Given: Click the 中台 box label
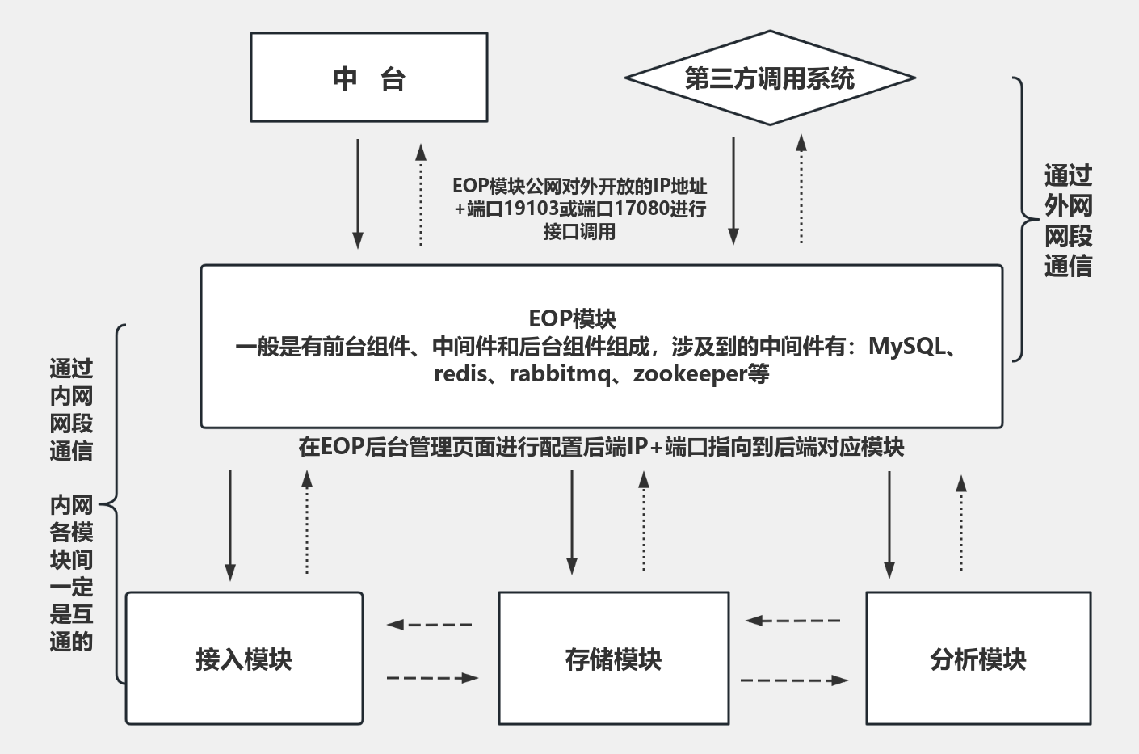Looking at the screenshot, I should click(x=369, y=78).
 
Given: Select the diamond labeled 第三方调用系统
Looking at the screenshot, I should click(x=769, y=78).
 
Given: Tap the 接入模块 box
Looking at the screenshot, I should click(x=244, y=659).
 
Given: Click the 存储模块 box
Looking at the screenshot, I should click(x=613, y=659).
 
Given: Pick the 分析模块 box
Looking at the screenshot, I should click(x=977, y=659).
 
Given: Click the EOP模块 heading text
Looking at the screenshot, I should click(x=572, y=318).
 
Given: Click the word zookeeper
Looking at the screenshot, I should click(x=689, y=374).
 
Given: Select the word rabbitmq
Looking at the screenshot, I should click(x=559, y=374).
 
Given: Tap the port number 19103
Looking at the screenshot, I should click(x=531, y=209).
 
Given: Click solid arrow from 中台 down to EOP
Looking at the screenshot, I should click(x=358, y=194).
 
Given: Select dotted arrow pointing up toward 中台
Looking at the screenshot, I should click(x=421, y=194).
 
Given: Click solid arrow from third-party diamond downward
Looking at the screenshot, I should click(x=733, y=191).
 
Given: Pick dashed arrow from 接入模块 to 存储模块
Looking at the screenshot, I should click(x=431, y=678).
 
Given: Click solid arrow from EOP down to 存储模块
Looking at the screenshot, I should click(x=572, y=521).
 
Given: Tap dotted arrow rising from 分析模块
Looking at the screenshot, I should click(x=961, y=523).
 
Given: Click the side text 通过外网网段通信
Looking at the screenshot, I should click(x=1068, y=220).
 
